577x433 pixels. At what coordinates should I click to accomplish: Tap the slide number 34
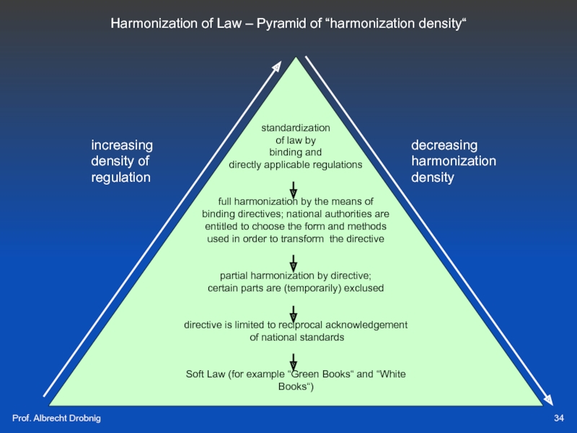[x=559, y=419]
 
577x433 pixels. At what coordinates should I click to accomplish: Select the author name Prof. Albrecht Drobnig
[x=56, y=419]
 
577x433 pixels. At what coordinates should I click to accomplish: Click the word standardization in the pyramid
[x=296, y=128]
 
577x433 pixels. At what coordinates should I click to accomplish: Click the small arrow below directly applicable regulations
[x=294, y=189]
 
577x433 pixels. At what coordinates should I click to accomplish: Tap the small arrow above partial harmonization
[x=294, y=263]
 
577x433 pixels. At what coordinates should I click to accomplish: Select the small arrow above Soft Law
[x=294, y=361]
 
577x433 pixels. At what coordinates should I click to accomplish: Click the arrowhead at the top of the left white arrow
[x=277, y=66]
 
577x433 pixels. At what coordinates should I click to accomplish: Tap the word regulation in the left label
[x=120, y=177]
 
